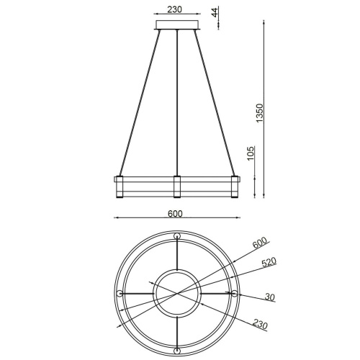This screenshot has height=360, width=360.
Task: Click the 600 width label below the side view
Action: tap(176, 213)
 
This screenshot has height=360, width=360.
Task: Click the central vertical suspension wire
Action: tap(177, 101)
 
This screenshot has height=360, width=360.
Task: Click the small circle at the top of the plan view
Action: tap(177, 237)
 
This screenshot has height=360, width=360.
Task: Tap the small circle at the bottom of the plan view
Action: tap(177, 351)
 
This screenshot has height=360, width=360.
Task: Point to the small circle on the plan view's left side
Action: tap(120, 294)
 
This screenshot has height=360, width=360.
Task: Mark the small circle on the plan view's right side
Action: tap(234, 294)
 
